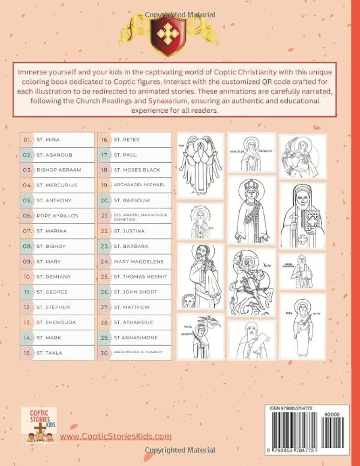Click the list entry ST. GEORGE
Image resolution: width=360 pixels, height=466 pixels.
[52, 292]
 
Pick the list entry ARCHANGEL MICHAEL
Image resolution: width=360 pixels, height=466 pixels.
[139, 185]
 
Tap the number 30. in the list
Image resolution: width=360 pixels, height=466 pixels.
[105, 353]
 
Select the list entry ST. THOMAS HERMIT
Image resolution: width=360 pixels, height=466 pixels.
[140, 276]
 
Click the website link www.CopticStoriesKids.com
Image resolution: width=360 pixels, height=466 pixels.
[115, 437]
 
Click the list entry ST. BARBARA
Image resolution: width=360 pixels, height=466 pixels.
[131, 246]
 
